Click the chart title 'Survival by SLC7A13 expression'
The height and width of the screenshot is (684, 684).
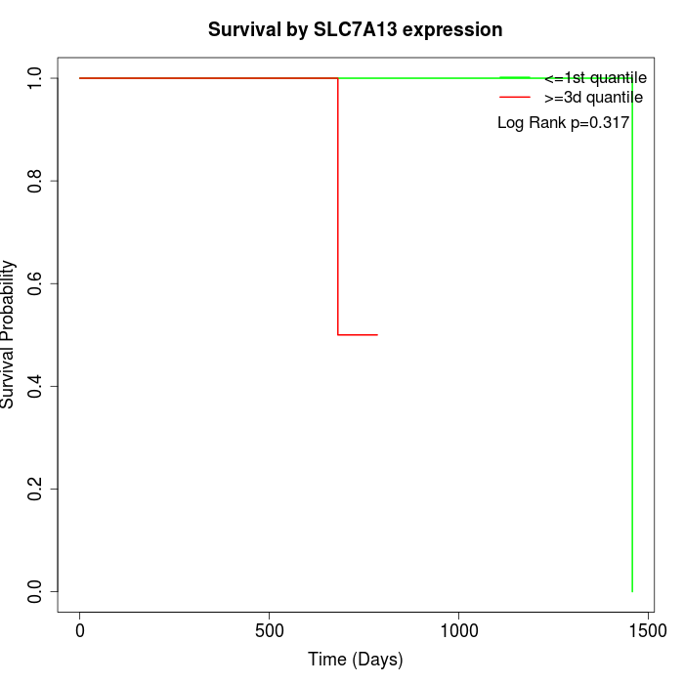coord(355,30)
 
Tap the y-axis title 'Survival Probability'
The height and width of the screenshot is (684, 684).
coord(9,334)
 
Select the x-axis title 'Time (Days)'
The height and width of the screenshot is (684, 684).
coord(355,660)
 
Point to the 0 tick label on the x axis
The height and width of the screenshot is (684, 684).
coord(80,632)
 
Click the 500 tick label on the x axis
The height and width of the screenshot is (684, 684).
coord(269,632)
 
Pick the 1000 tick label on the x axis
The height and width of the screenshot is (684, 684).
coord(458,632)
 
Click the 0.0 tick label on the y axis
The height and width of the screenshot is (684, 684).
coord(36,591)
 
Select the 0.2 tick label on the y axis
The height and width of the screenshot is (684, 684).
coord(36,489)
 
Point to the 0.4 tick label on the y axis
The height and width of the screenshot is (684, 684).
coord(36,386)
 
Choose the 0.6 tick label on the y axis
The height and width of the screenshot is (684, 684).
coord(36,283)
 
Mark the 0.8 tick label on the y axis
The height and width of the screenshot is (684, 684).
coord(36,181)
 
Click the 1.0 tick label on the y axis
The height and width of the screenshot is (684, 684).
coord(36,78)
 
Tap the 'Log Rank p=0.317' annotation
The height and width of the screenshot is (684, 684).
coord(563,123)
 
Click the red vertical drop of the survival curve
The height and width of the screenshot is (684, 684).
coord(338,205)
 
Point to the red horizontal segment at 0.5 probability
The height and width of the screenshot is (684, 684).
coord(358,335)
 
